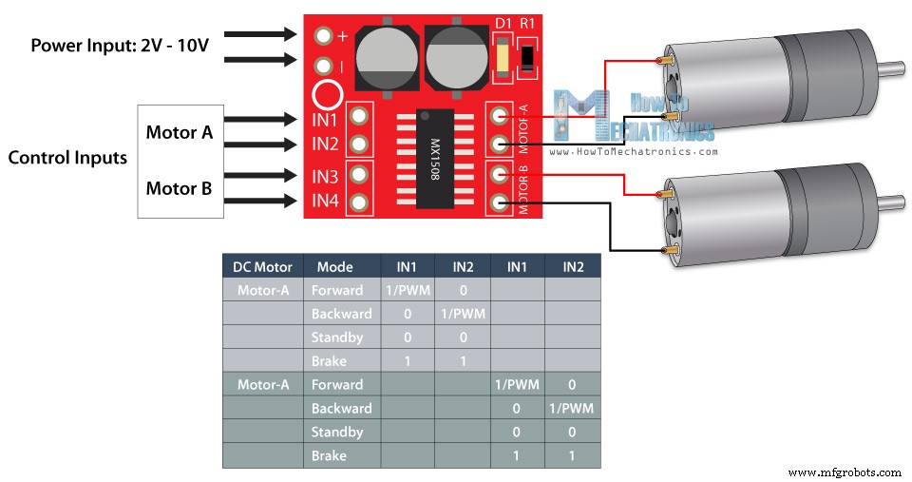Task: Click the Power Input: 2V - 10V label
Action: (x=120, y=45)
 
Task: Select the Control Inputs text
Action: (x=67, y=158)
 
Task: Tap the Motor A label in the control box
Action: (x=179, y=132)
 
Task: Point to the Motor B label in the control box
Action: (x=179, y=188)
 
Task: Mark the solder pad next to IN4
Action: (x=359, y=202)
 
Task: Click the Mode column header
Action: (x=334, y=266)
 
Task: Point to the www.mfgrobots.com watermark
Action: (x=845, y=472)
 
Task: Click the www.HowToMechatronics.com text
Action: (x=632, y=151)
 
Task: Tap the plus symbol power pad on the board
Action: (x=324, y=36)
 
